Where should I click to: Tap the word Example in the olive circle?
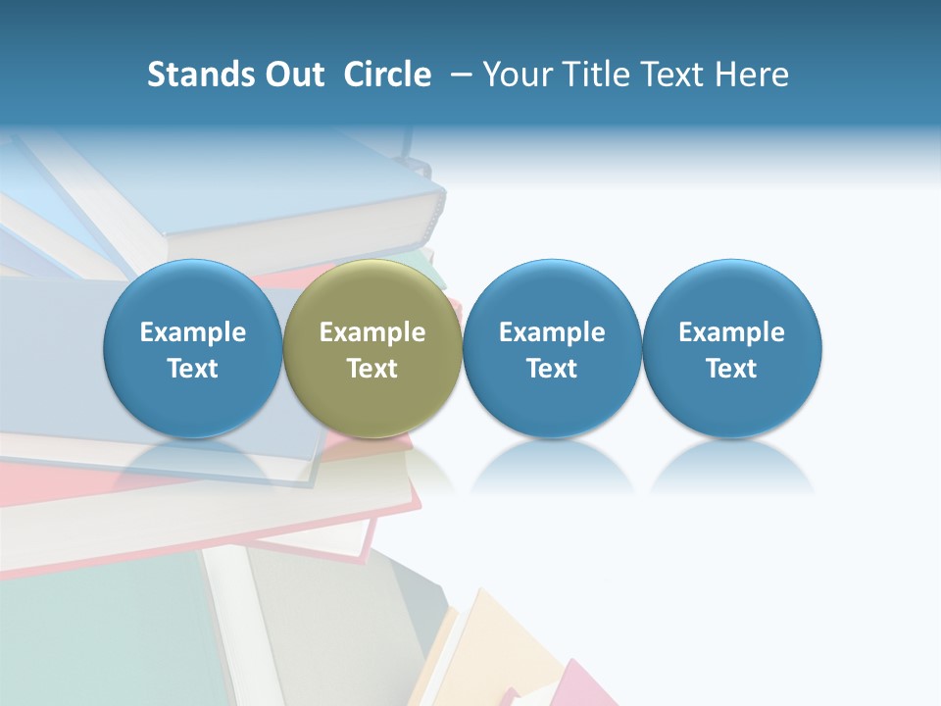click(x=372, y=332)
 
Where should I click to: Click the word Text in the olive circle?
click(x=372, y=369)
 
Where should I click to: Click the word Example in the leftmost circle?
click(x=193, y=332)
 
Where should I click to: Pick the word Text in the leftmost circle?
click(x=193, y=369)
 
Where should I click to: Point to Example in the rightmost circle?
click(x=732, y=332)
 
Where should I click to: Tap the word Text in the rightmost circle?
click(x=732, y=369)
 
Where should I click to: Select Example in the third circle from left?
click(x=552, y=332)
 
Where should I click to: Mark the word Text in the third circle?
click(x=552, y=369)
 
